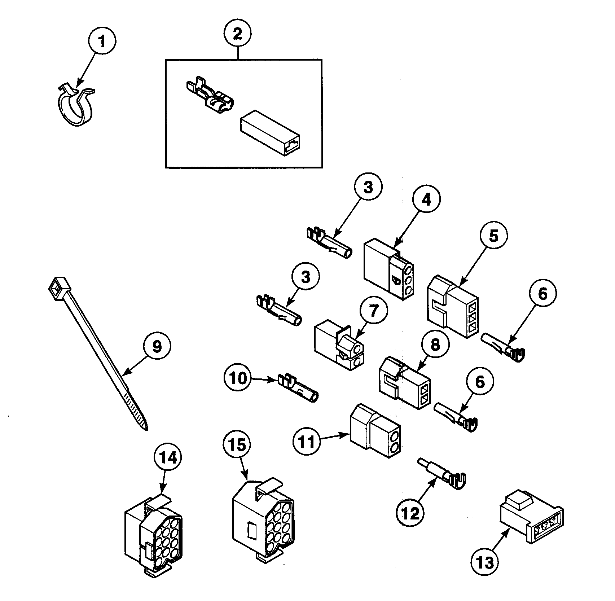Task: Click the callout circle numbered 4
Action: (426, 199)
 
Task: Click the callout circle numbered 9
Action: (156, 346)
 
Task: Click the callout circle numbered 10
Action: (237, 378)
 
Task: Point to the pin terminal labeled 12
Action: (442, 475)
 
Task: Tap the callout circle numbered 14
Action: (168, 458)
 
